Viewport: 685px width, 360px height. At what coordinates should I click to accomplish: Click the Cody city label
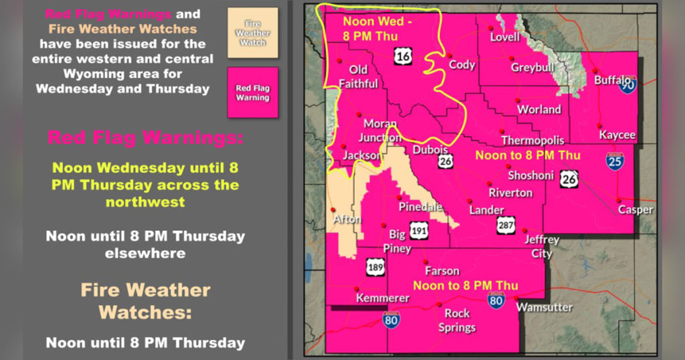pos(462,65)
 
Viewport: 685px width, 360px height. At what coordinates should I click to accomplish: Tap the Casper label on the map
pos(635,209)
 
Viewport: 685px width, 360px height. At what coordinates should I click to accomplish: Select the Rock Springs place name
pos(457,321)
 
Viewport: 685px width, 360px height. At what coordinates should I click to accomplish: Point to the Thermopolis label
pos(532,141)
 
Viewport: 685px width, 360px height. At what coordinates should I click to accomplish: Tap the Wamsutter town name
pos(544,307)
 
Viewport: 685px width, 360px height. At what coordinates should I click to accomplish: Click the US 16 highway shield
pos(403,57)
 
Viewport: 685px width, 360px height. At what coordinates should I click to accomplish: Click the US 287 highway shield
pos(506,226)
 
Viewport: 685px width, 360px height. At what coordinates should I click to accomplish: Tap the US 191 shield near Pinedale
pos(419,229)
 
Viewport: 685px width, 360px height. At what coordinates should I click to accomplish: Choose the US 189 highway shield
pos(375,269)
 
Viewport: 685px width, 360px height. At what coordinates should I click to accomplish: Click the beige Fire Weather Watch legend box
pos(252,33)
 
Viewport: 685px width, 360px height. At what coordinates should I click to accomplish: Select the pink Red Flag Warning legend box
pos(252,92)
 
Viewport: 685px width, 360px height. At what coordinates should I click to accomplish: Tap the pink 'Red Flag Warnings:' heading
pos(145,139)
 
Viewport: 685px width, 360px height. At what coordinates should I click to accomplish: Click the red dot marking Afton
pos(334,209)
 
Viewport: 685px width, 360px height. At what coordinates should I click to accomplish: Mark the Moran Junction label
pos(380,130)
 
